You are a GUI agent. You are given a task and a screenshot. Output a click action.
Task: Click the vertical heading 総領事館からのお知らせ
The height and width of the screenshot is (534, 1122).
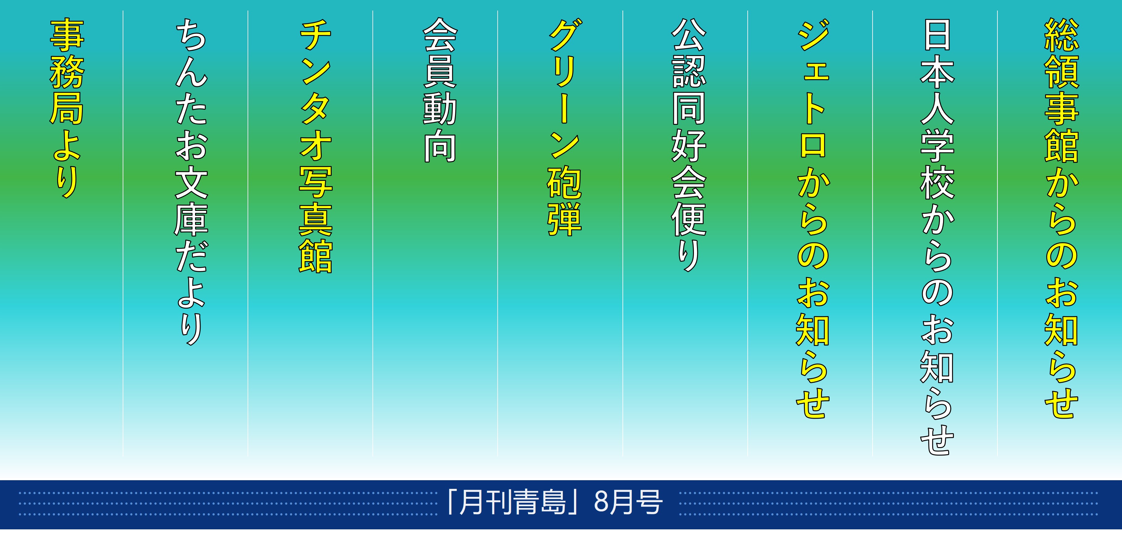tap(1061, 218)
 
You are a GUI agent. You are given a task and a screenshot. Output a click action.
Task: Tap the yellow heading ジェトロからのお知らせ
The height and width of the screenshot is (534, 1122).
tap(813, 218)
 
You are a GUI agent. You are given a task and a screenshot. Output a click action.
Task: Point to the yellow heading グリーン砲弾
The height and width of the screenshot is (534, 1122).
tap(564, 127)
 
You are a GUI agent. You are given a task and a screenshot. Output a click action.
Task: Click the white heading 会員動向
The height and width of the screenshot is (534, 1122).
tap(440, 90)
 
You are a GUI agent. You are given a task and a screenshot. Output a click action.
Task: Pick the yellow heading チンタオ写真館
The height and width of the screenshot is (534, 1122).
tap(315, 145)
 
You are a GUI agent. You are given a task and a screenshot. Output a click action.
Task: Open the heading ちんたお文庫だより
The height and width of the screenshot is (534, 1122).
tap(191, 182)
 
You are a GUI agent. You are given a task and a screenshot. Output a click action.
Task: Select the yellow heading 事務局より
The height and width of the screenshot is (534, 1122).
tap(67, 109)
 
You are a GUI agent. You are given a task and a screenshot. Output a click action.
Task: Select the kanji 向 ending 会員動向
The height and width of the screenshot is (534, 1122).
tap(440, 145)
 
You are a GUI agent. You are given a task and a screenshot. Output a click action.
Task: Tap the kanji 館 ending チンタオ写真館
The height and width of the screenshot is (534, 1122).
tap(315, 255)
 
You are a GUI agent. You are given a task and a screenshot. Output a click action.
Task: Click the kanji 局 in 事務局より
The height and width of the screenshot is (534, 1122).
tap(67, 109)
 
